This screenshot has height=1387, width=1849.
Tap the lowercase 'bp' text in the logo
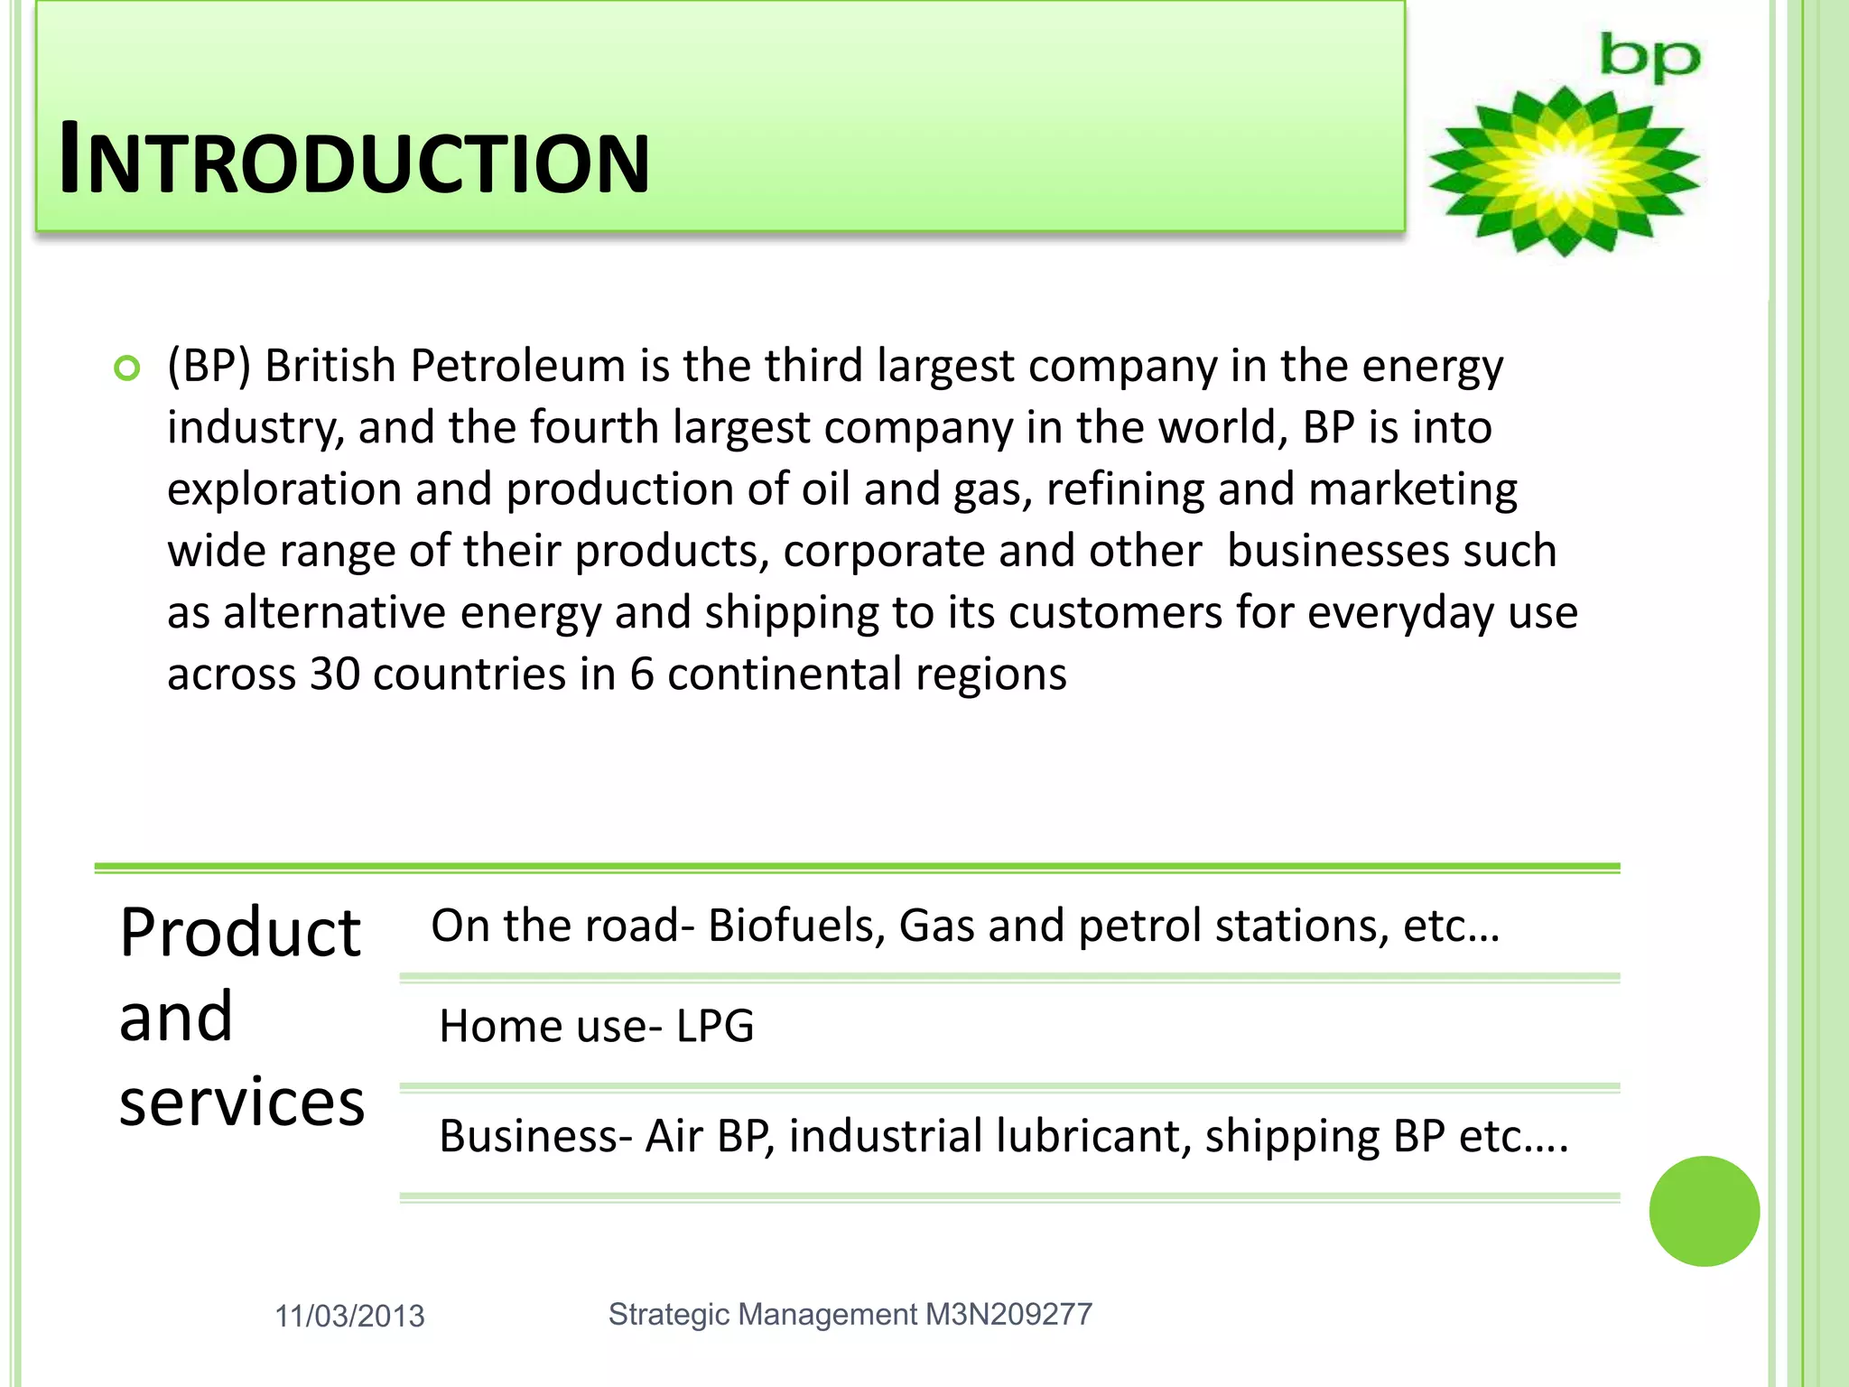point(1649,59)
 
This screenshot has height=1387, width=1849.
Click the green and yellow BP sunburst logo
point(1564,171)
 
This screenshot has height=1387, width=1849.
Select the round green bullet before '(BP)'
point(127,368)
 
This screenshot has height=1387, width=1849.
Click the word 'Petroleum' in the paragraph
point(517,367)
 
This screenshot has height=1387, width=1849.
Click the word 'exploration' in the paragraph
point(283,490)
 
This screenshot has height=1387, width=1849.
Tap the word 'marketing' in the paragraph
point(1412,490)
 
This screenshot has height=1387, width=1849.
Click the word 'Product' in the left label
point(240,933)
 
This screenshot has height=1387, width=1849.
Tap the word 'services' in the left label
point(242,1103)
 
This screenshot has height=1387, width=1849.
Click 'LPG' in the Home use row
point(714,1027)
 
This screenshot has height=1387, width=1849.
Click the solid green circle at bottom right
point(1704,1211)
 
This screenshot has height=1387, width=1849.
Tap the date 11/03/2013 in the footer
point(349,1317)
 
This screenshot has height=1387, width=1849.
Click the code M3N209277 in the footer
point(1008,1315)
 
